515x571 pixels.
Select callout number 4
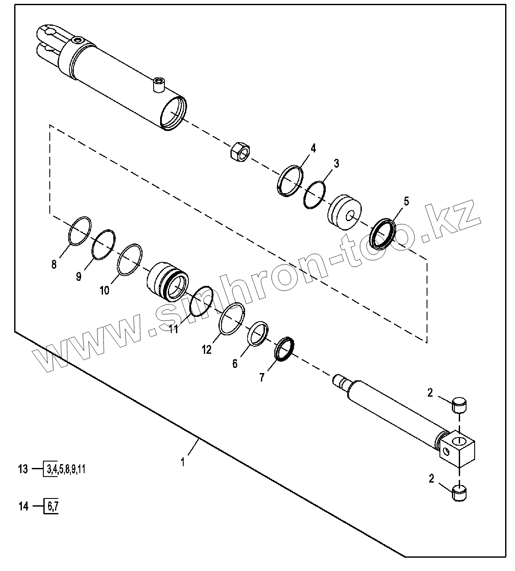313,149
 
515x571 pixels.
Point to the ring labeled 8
80,231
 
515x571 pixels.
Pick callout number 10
104,291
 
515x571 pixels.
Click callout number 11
173,329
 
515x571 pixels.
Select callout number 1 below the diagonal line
183,462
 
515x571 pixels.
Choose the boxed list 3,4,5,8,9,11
65,469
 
